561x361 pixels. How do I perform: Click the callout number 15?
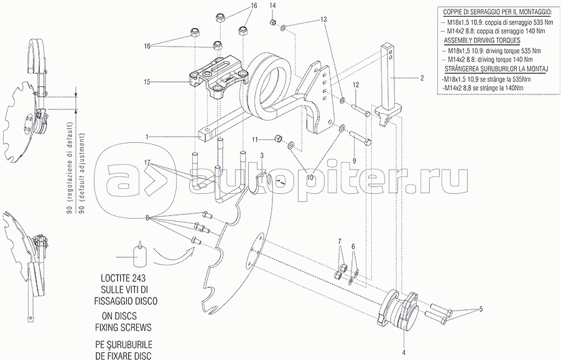147,81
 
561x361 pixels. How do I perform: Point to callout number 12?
356,84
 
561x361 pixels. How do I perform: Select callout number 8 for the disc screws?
147,217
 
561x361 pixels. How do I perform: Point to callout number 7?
340,241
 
